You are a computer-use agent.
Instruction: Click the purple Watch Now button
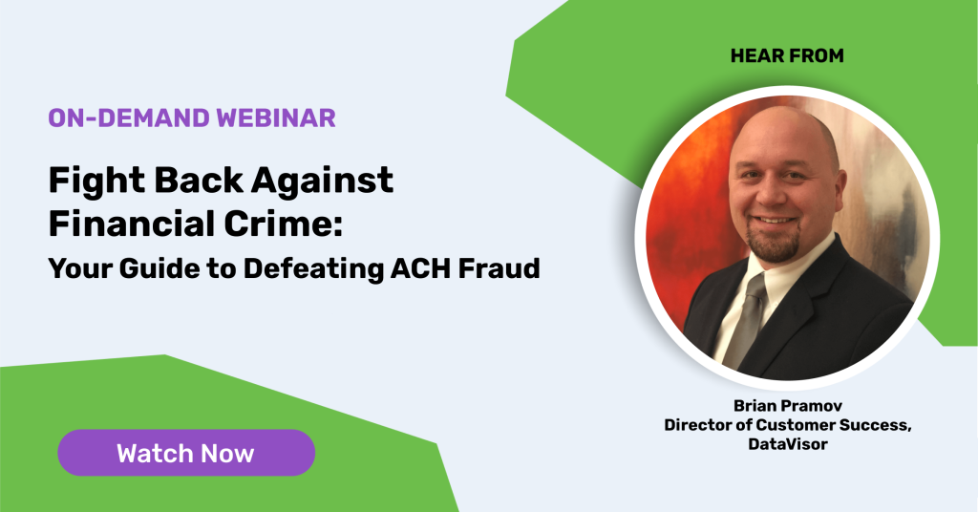click(186, 453)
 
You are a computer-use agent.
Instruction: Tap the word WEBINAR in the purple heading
click(276, 117)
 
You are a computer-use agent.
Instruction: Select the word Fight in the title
click(96, 181)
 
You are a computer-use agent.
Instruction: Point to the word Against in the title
click(322, 181)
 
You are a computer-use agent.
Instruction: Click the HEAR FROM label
click(787, 55)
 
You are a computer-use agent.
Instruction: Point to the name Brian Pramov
click(788, 405)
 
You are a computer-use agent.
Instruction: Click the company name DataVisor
click(788, 444)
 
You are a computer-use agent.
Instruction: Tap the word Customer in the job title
click(796, 425)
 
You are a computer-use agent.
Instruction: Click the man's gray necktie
click(747, 318)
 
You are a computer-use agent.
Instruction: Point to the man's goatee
click(773, 244)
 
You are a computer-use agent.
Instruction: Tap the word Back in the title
click(198, 181)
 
